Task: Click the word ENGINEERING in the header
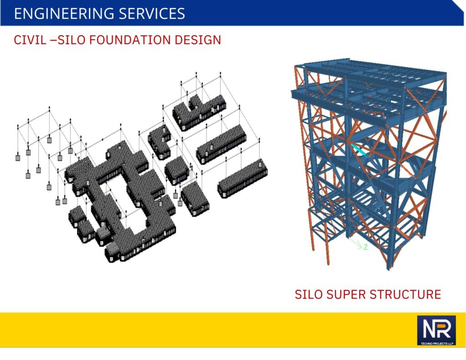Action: coord(64,14)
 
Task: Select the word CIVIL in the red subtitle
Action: coord(30,40)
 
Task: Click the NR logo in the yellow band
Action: coord(436,330)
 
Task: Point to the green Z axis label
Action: coord(365,247)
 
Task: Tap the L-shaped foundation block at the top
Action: coord(199,112)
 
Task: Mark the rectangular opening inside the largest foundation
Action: coord(125,205)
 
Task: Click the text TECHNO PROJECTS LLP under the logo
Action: coord(436,343)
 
